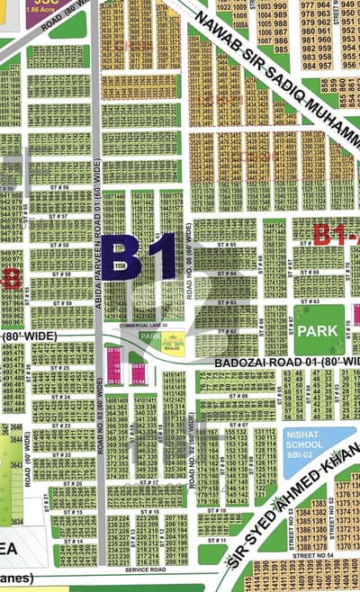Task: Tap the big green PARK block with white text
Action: (x=319, y=330)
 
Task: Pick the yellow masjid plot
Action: (x=172, y=341)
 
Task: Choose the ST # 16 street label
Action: (x=148, y=511)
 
